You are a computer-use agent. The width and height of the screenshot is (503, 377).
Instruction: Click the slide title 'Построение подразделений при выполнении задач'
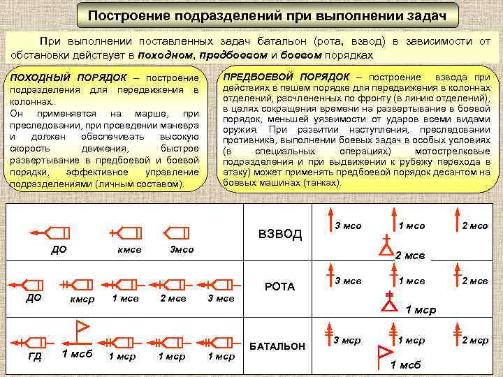pos(267,15)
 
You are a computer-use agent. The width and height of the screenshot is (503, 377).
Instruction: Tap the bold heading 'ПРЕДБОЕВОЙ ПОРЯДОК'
pos(286,76)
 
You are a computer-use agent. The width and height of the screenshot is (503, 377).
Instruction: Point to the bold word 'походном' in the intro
pos(166,54)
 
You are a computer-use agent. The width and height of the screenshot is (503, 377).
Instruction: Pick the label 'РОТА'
pos(280,287)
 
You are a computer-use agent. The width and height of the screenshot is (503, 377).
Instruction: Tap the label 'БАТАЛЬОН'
pos(277,346)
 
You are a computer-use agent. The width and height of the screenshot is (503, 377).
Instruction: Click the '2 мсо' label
pos(475,226)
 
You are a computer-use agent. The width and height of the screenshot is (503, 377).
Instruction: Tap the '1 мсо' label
pos(411,226)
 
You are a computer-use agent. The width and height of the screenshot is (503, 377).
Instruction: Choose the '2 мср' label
pos(475,341)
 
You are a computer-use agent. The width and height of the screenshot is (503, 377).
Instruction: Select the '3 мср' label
pos(347,341)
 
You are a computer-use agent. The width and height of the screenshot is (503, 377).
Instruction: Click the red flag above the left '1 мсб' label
pos(81,326)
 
